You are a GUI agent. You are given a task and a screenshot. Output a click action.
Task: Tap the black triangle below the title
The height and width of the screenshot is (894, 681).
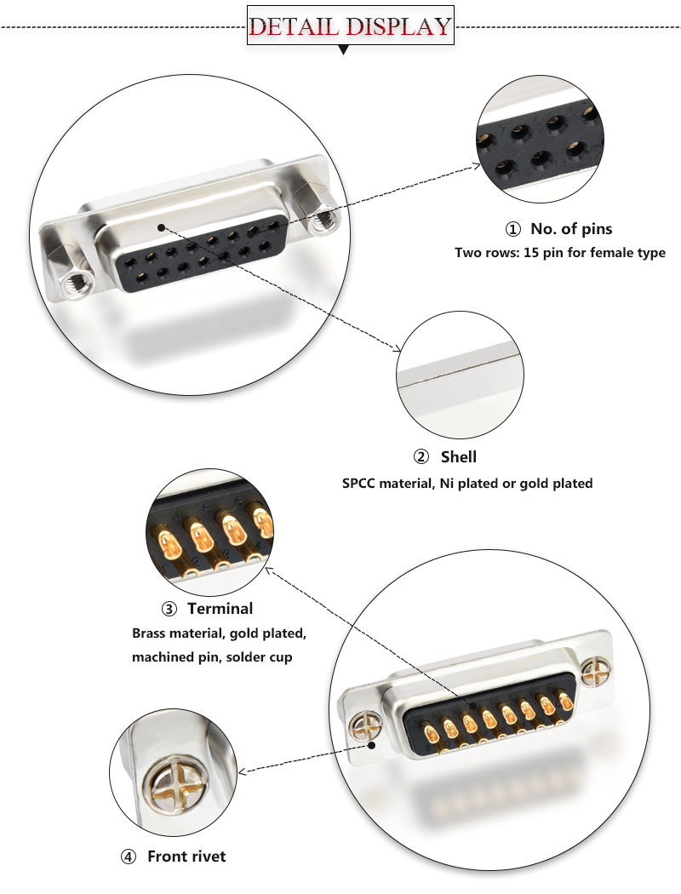pos(344,50)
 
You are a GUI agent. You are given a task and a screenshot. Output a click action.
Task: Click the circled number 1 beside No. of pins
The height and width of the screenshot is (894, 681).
pos(512,229)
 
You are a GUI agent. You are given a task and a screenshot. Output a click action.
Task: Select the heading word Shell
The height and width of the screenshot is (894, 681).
pos(458,457)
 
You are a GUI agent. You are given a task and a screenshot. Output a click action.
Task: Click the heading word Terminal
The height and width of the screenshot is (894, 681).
pos(220,608)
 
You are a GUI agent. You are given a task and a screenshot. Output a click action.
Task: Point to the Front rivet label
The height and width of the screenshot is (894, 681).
pos(186,856)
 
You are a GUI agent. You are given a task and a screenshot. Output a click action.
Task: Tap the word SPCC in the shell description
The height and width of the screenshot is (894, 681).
pos(358,483)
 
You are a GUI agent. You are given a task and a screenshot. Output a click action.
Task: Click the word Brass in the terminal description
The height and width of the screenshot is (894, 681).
pos(150,633)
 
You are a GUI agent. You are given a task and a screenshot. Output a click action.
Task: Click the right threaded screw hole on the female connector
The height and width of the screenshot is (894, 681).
pos(322,222)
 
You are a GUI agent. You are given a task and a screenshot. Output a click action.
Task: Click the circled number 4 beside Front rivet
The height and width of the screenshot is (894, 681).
pos(128,857)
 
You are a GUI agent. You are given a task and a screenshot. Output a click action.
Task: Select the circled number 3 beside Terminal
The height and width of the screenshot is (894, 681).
pos(169,609)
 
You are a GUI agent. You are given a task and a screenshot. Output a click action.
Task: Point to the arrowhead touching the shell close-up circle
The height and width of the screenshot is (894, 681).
pos(396,348)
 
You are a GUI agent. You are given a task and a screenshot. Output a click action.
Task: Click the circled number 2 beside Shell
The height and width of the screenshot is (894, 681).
pos(421,458)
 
